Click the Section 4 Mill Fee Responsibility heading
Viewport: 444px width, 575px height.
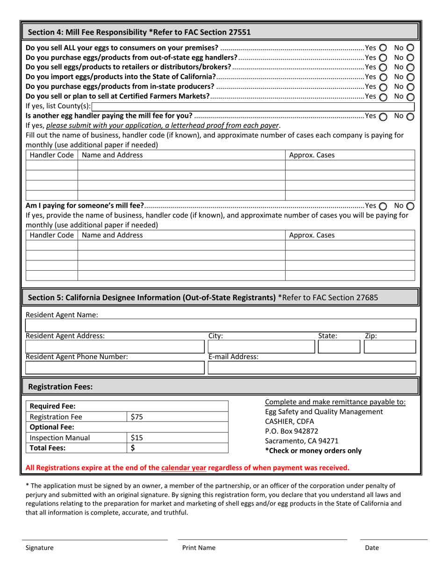[139, 32]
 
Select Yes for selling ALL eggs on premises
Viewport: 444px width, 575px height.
[383, 48]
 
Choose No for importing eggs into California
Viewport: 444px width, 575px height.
[410, 77]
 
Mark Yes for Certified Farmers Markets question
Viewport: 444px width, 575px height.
[383, 97]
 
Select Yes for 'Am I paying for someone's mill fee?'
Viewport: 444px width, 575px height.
[383, 206]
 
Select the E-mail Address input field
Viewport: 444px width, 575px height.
[311, 368]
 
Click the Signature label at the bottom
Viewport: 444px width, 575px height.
[39, 548]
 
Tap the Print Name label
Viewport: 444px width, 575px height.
[199, 548]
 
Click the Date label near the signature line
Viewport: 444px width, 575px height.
[372, 548]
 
